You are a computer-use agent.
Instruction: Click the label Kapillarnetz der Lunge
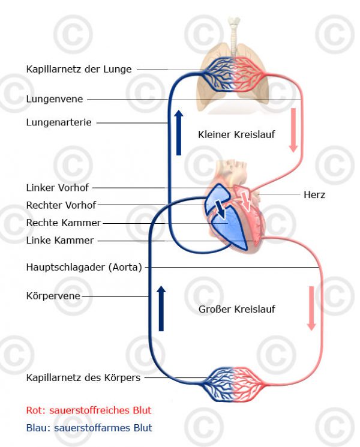(79, 69)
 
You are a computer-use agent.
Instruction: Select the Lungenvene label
(54, 99)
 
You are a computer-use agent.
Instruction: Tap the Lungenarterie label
(59, 122)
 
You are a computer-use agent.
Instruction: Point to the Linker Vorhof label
(57, 188)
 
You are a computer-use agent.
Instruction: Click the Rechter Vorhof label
(61, 205)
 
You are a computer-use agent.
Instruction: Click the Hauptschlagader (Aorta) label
(84, 267)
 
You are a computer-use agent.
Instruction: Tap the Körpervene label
(53, 296)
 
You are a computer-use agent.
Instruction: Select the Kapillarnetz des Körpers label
(83, 377)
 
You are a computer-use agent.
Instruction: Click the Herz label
(314, 194)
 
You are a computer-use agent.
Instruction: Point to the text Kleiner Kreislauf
(236, 134)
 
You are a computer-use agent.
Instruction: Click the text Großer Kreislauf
(236, 309)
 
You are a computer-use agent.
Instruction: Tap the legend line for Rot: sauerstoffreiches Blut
(89, 410)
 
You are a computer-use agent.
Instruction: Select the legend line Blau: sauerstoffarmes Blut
(89, 428)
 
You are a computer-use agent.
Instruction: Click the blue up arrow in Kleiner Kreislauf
(178, 132)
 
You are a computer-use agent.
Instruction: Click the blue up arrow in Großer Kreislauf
(161, 308)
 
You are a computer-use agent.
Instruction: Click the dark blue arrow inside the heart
(221, 209)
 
